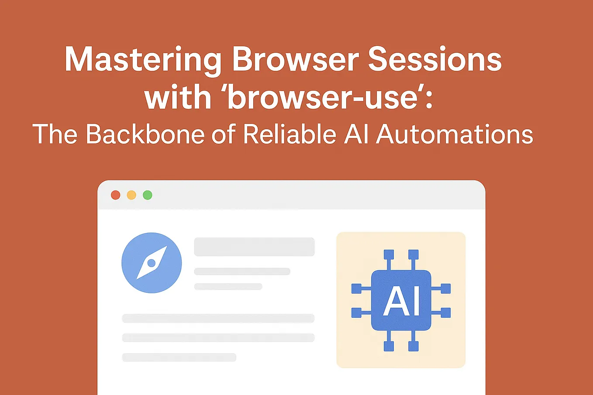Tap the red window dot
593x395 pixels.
115,195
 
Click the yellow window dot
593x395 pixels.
131,195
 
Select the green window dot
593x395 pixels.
148,195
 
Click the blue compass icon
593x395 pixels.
152,263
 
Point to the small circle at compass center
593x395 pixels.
152,263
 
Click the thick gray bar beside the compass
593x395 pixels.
255,247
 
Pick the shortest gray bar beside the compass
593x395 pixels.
228,286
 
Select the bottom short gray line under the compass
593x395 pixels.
179,357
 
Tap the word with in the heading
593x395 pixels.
178,97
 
